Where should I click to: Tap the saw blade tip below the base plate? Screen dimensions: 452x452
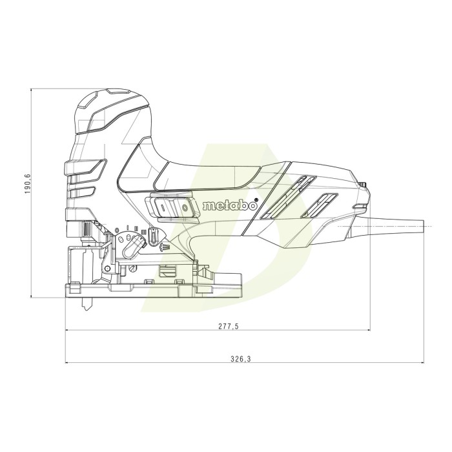85,308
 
